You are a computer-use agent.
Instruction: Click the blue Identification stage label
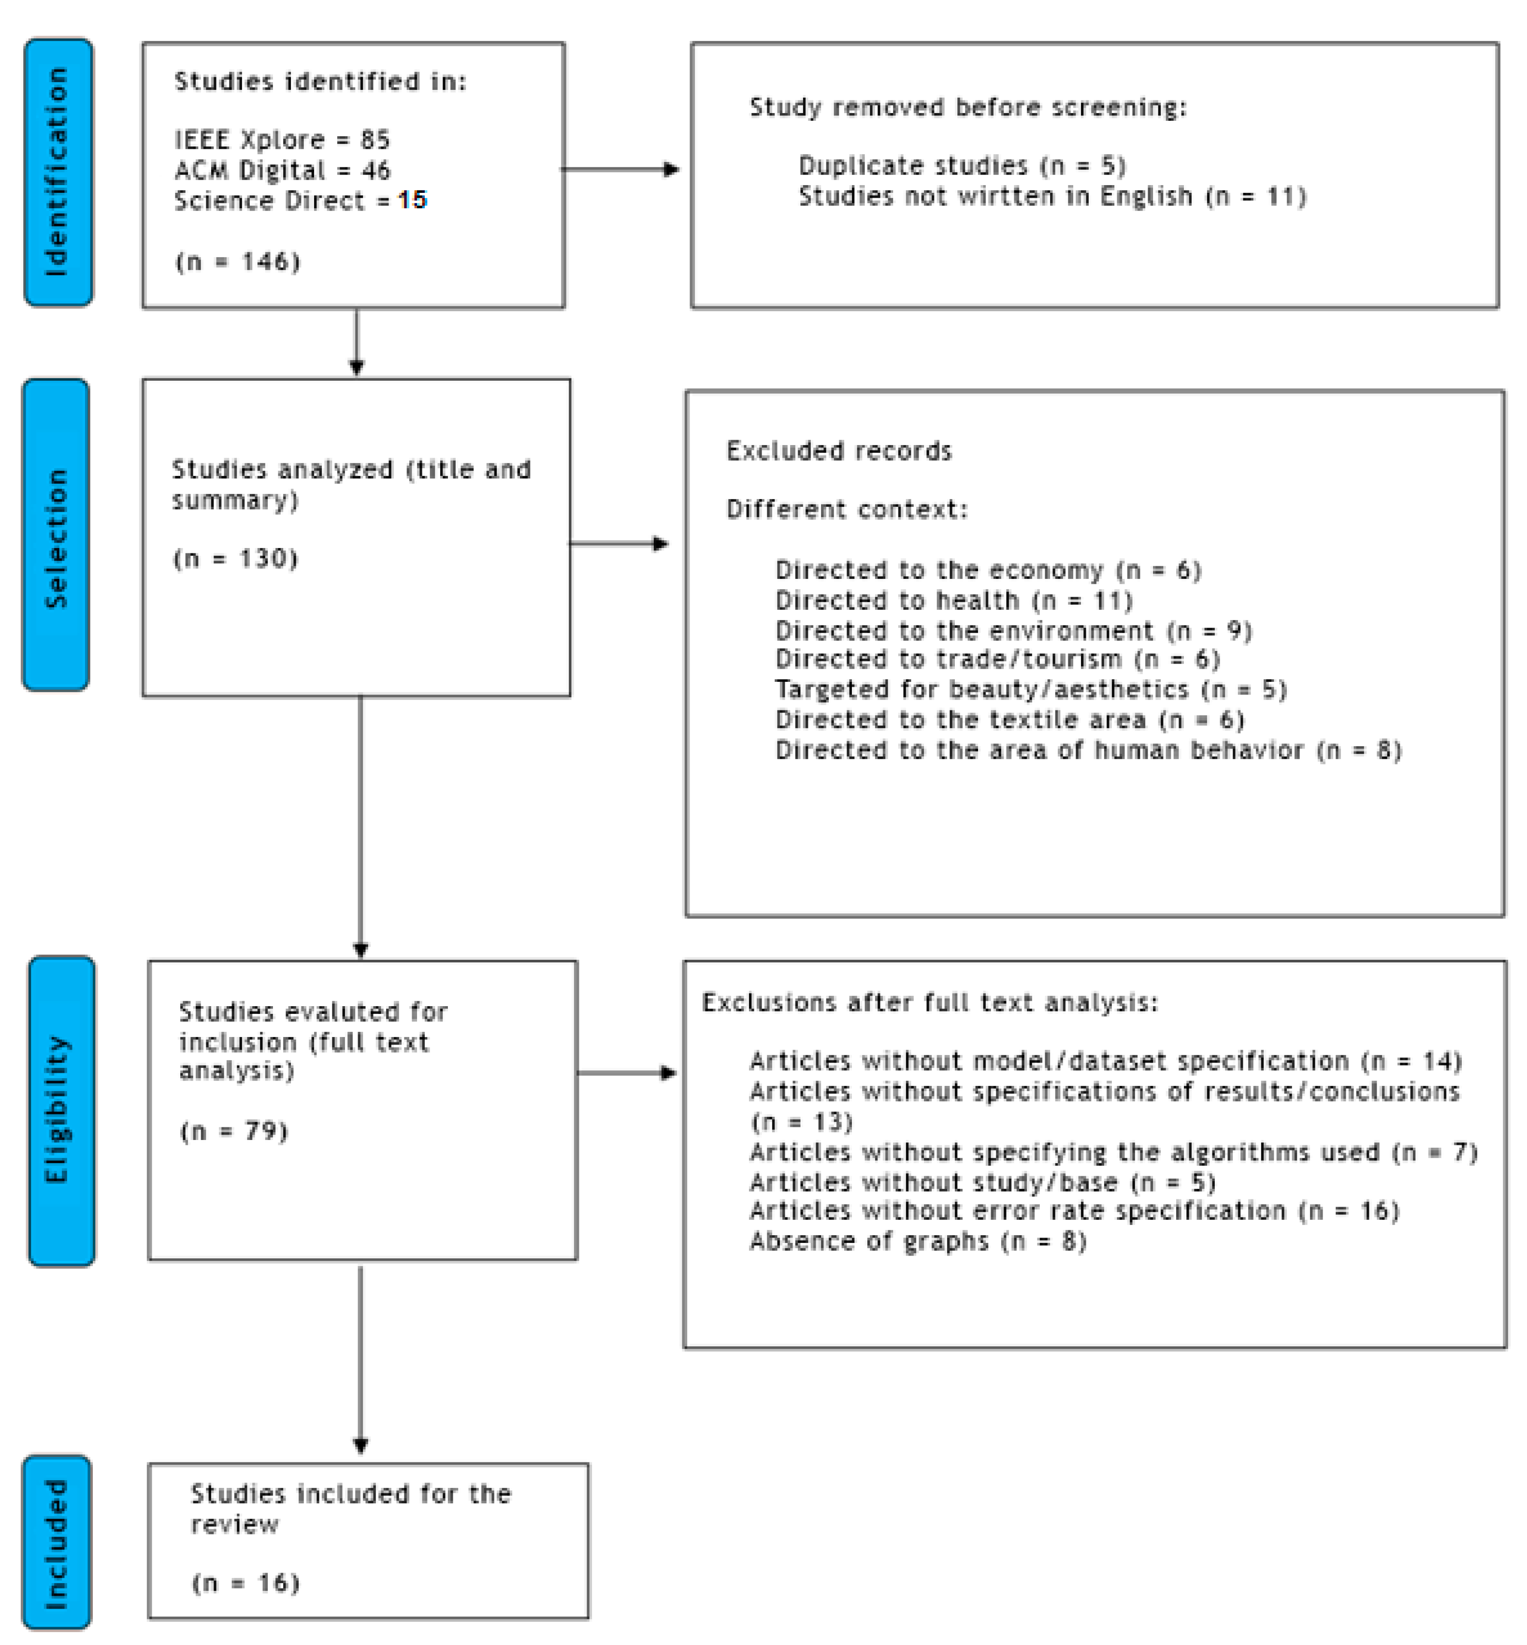click(58, 172)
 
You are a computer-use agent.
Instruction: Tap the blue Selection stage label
click(56, 534)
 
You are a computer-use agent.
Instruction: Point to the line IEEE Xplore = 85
click(282, 140)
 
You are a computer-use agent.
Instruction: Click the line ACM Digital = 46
click(282, 170)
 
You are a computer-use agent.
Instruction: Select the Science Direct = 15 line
click(300, 201)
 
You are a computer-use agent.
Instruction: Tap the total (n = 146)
click(237, 262)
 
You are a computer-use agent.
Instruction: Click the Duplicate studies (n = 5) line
click(962, 166)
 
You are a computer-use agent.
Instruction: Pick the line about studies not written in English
click(1052, 197)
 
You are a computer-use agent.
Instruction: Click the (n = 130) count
click(235, 559)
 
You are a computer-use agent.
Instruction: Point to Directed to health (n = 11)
click(953, 601)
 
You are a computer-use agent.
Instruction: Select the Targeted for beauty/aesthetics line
click(1030, 689)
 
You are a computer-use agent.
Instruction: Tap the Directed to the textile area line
click(1009, 720)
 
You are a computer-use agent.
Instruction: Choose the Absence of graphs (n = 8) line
click(917, 1241)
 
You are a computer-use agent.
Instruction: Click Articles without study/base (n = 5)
click(981, 1183)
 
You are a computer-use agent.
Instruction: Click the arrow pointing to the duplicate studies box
click(619, 169)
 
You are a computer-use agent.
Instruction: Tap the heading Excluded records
click(839, 451)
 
